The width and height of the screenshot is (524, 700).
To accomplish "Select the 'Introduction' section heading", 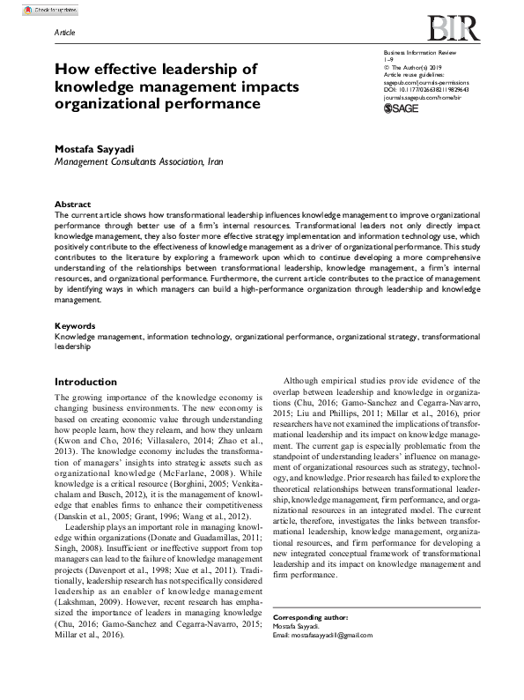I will [85, 382].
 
